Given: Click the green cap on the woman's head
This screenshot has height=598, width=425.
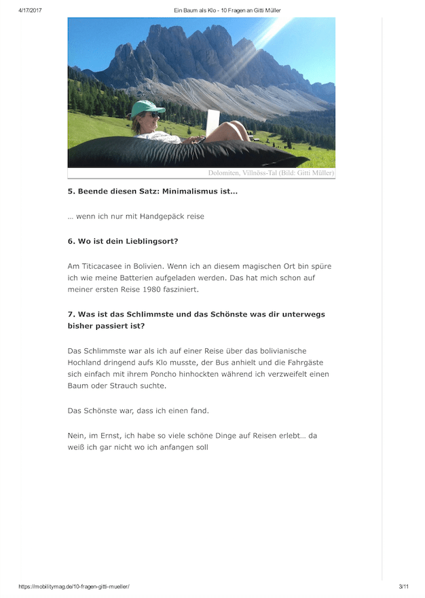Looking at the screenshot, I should [x=147, y=108].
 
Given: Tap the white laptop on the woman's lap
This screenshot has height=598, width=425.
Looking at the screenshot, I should [x=213, y=124].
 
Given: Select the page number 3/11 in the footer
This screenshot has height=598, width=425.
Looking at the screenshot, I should [x=403, y=586].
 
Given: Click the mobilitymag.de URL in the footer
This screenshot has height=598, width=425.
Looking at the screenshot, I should [x=74, y=586].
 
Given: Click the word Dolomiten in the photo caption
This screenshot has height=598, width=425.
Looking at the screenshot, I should [x=227, y=173].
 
